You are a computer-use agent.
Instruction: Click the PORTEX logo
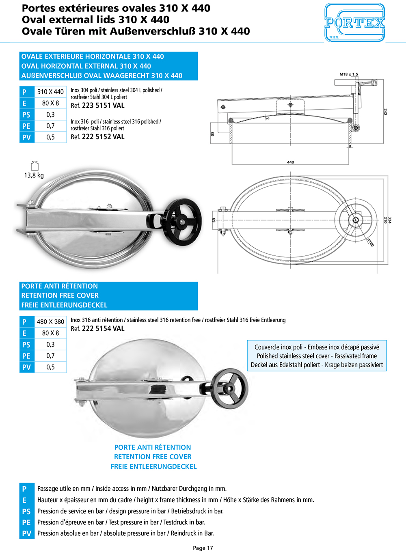354,23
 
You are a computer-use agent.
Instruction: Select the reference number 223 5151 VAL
103,106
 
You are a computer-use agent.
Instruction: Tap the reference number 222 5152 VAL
103,137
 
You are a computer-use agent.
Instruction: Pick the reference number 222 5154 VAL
103,329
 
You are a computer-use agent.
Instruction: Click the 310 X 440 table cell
50,92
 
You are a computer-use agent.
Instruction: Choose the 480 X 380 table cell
50,321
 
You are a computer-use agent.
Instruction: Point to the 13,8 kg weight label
34,175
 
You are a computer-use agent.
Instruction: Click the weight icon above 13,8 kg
35,165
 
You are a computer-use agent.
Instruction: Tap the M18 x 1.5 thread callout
349,74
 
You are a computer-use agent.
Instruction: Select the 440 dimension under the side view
291,162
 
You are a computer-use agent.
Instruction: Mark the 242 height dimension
385,112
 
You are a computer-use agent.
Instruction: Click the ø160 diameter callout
370,243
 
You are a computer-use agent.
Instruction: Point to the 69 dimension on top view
214,220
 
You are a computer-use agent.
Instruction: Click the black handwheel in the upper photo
184,221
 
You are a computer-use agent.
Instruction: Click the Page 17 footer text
203,548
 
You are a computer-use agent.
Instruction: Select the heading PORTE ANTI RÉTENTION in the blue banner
60,286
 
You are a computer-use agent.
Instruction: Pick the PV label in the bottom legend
26,533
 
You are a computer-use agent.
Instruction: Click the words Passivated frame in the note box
356,356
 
